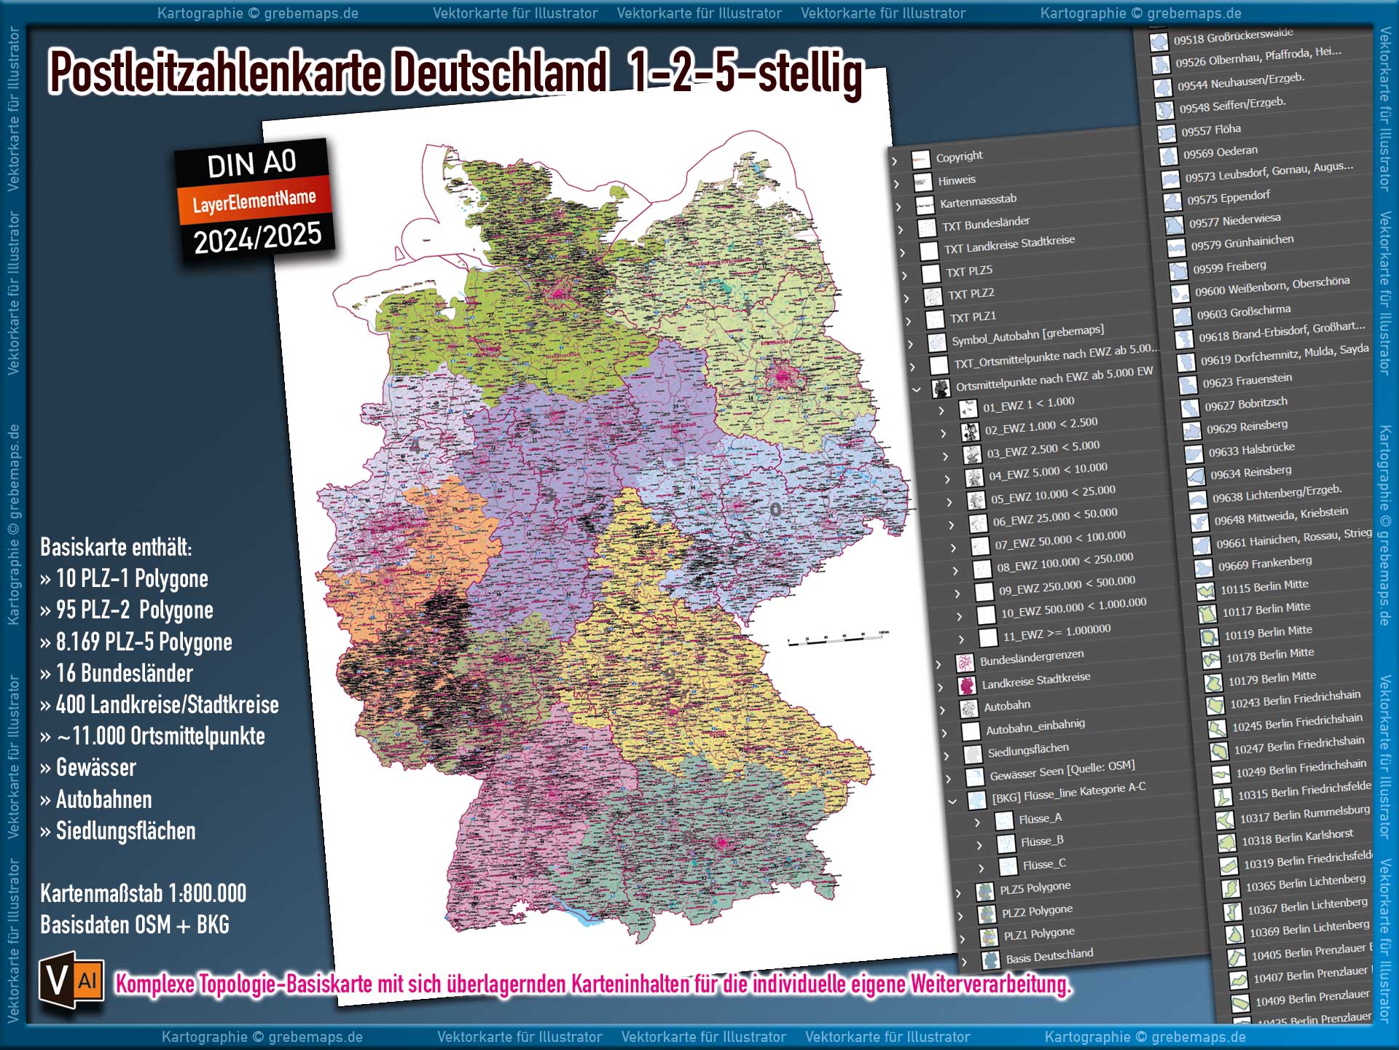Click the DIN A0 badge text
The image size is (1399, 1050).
(251, 163)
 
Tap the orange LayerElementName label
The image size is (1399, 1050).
(254, 201)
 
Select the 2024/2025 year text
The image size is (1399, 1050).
(258, 238)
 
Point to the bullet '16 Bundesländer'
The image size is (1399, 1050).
(124, 673)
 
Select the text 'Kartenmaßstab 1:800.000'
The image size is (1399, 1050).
(143, 893)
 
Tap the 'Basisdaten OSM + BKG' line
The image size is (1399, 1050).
(135, 925)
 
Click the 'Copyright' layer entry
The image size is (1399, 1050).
(959, 156)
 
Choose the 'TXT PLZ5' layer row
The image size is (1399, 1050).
(969, 271)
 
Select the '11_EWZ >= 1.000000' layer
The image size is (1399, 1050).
(1057, 631)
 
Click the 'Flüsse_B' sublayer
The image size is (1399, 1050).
(1042, 841)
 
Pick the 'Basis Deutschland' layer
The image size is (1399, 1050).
(1049, 955)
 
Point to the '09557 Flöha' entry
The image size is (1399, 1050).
(1211, 130)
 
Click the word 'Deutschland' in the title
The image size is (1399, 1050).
(500, 73)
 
